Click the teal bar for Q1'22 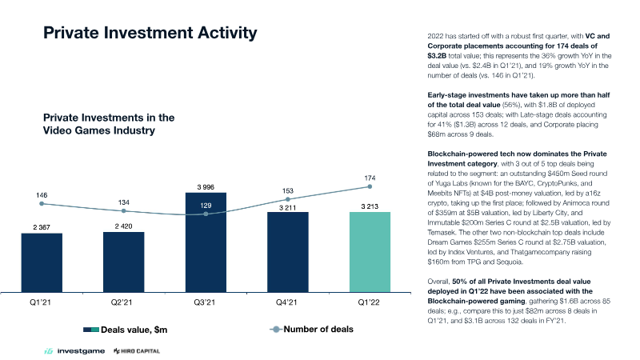click(370, 252)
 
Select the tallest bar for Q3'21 click(206, 242)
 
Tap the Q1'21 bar click(42, 263)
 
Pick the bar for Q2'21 click(124, 262)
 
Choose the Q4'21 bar click(288, 252)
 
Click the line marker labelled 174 click(370, 186)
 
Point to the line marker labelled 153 click(288, 199)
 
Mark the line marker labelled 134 click(124, 211)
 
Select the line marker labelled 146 click(42, 204)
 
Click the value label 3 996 click(206, 187)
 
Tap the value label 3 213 click(370, 206)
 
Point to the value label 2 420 click(124, 226)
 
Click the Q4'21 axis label click(286, 302)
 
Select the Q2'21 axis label click(122, 302)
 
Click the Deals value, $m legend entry click(126, 330)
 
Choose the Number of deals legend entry click(311, 330)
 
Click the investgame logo click(74, 351)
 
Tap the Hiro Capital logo click(137, 351)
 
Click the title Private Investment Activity click(150, 33)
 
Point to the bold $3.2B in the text click(437, 55)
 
